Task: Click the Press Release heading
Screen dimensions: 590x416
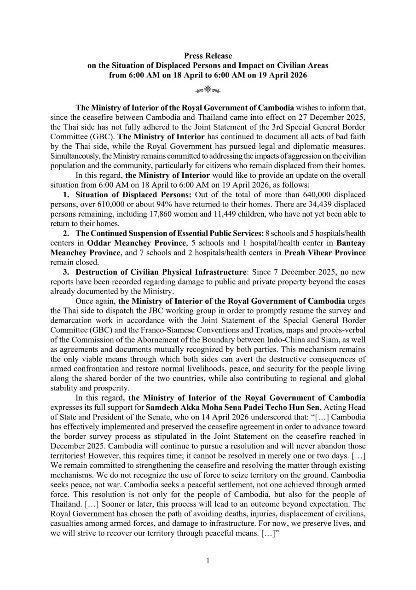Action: pyautogui.click(x=208, y=56)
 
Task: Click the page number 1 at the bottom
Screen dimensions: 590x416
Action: pyautogui.click(x=208, y=561)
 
